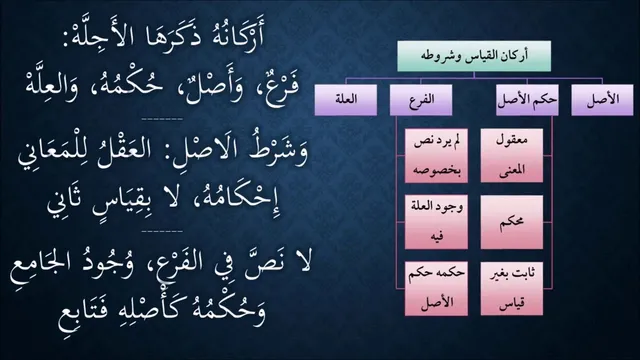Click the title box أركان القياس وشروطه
point(474,56)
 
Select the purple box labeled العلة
point(346,100)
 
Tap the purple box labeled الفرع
point(421,100)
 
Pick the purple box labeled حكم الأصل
point(527,100)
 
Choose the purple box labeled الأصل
point(602,100)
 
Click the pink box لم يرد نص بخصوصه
point(436,156)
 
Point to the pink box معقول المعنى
point(512,156)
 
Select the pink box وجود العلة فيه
point(436,222)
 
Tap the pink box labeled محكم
point(512,222)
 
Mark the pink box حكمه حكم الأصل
point(436,289)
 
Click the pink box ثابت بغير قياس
point(512,289)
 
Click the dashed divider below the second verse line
point(162,120)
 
